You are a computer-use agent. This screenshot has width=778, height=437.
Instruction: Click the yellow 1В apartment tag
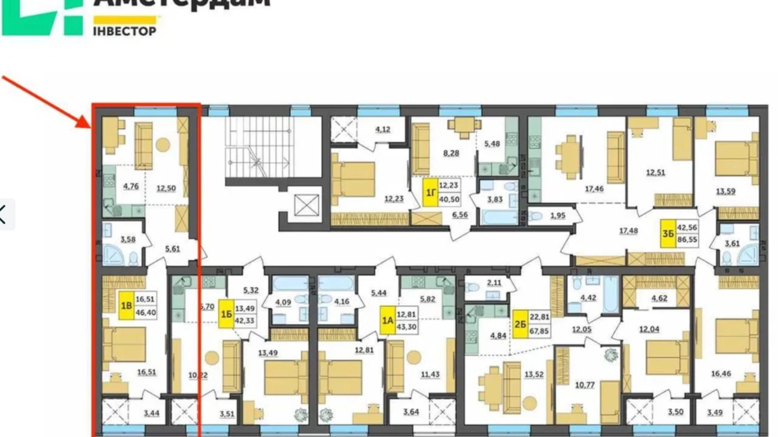(126, 305)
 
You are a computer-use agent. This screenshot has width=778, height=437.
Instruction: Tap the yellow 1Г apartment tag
(430, 192)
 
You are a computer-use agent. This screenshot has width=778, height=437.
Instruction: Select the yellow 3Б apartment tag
(668, 234)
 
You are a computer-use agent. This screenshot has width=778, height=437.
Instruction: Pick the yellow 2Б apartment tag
(520, 324)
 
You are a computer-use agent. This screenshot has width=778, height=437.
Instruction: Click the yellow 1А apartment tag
(387, 321)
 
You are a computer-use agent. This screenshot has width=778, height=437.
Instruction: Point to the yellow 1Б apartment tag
(226, 314)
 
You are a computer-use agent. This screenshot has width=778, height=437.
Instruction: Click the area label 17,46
(594, 189)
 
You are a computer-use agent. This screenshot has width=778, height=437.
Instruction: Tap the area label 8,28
(451, 153)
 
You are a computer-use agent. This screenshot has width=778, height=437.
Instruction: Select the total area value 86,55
(687, 240)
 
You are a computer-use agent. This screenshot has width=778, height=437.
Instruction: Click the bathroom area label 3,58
(128, 240)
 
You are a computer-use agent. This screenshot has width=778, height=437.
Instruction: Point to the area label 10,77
(585, 384)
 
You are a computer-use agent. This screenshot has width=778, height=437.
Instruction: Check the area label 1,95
(558, 216)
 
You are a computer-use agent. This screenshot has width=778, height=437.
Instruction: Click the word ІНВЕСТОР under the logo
(124, 31)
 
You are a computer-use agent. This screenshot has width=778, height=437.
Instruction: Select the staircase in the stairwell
(257, 147)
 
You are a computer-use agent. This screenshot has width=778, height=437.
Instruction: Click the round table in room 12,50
(163, 145)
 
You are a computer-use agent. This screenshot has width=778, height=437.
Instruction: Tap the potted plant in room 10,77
(610, 355)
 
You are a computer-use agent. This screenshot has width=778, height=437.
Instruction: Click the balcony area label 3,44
(151, 413)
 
